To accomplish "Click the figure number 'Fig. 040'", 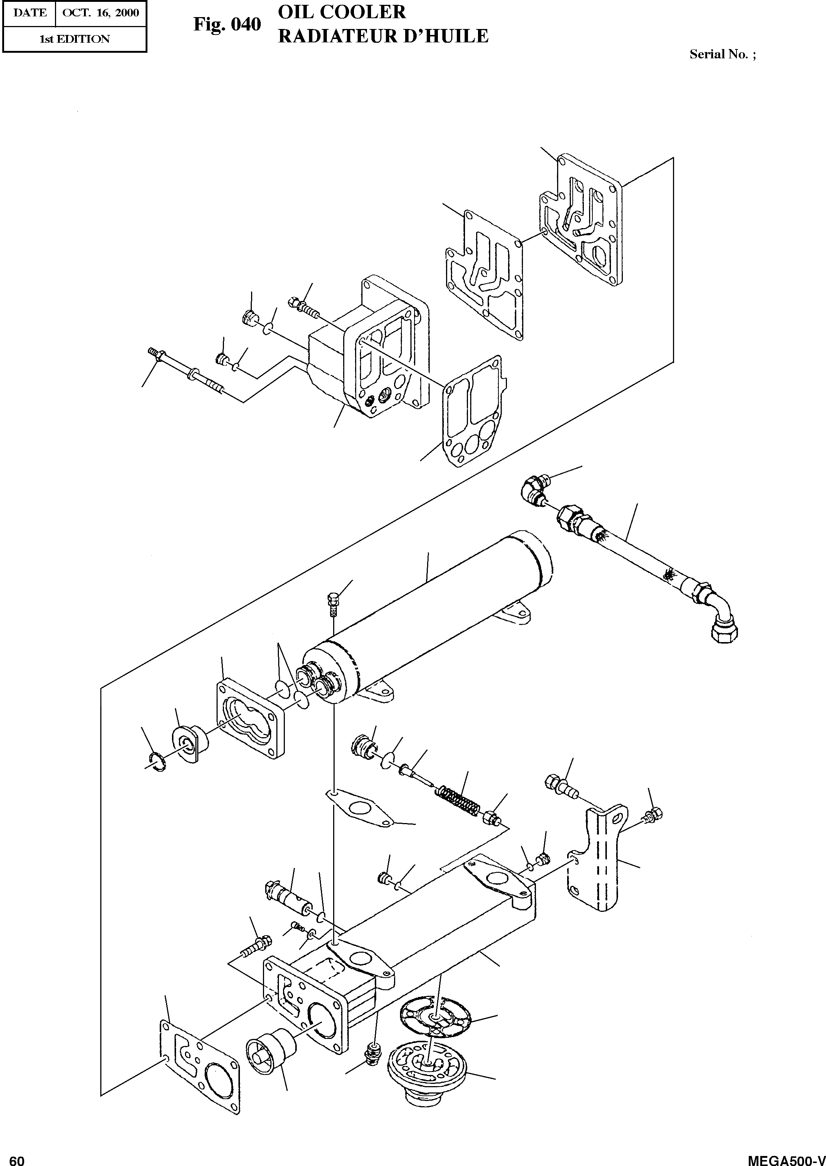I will click(x=227, y=25).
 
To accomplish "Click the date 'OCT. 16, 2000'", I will click(x=100, y=13).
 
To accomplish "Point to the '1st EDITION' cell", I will click(x=74, y=39).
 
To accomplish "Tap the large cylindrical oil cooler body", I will click(x=432, y=610).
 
